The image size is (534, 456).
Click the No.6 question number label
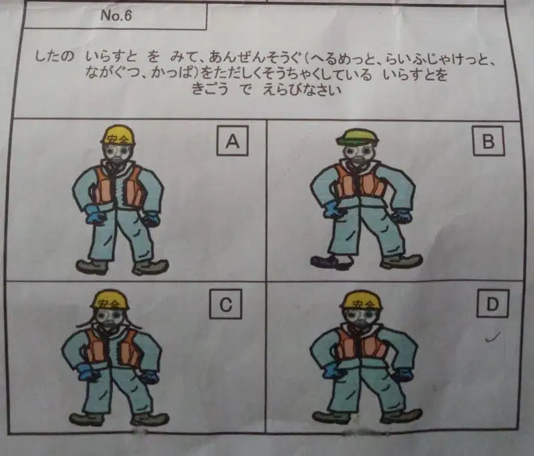[116, 15]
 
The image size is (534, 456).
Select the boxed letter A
[233, 141]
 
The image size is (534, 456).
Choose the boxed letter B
[489, 141]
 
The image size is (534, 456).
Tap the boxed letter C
[226, 304]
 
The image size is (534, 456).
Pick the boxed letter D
[493, 304]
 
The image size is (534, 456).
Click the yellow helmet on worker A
[118, 135]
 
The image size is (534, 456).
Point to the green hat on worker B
[358, 137]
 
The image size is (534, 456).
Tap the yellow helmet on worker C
[110, 300]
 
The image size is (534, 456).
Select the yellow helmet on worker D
[361, 300]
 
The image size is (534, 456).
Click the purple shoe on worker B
[327, 261]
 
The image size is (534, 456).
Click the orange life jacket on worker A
[118, 186]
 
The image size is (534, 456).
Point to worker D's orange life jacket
[361, 345]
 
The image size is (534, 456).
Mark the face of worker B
[358, 154]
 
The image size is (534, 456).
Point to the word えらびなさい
[301, 90]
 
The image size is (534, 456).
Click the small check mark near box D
[493, 336]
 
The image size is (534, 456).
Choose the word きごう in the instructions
[210, 89]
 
